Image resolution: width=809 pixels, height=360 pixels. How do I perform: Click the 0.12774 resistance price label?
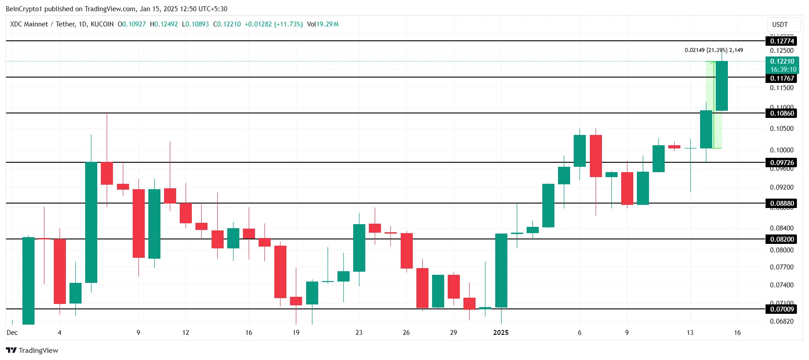[x=782, y=41]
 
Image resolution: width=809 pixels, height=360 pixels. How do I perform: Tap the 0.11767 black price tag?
[x=782, y=78]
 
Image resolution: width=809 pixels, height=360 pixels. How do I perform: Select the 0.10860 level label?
[x=782, y=113]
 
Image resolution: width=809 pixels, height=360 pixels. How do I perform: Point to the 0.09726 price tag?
[x=782, y=163]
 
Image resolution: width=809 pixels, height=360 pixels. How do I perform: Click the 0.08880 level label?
[x=782, y=204]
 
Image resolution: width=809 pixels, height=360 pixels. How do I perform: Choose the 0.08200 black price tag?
[x=782, y=239]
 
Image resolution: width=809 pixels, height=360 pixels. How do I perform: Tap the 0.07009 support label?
[x=782, y=309]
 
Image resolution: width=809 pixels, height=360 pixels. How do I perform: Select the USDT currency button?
[x=780, y=25]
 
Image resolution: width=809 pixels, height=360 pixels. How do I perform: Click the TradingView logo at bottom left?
[x=32, y=351]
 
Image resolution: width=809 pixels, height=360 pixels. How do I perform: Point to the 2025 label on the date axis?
[x=501, y=333]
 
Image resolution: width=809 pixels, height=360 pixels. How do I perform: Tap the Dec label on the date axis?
[x=12, y=333]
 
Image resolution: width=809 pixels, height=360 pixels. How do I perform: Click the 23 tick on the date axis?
[x=359, y=333]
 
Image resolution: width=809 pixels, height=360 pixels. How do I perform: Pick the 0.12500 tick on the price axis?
[x=782, y=51]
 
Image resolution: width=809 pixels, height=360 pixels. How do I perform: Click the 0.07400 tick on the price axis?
[x=782, y=285]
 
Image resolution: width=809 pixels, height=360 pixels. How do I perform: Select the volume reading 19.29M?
[x=328, y=24]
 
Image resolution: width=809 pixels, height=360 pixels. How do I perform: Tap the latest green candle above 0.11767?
[x=722, y=86]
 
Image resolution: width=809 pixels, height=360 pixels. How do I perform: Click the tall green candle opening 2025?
[x=501, y=270]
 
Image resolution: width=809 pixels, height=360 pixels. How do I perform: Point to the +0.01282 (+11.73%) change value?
[x=273, y=24]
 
